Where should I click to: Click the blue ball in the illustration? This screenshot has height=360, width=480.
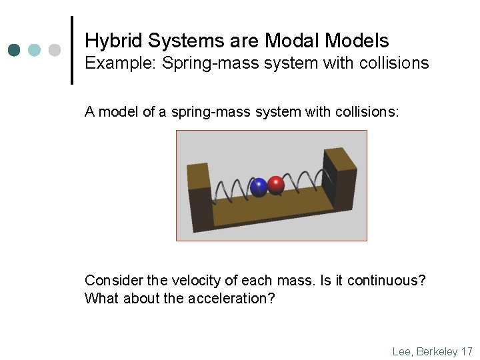coord(258,187)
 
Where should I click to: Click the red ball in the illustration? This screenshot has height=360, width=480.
coord(275,185)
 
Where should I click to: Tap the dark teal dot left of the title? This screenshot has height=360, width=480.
coord(15,50)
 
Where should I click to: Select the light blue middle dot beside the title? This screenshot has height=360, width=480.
coord(35,50)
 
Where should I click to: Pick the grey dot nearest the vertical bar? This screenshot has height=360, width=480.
coord(55,50)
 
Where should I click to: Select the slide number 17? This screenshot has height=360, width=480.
coord(467,351)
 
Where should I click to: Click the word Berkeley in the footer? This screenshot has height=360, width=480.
coord(436,351)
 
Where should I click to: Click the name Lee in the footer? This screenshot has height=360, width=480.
coord(402,351)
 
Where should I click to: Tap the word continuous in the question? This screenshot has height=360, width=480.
coord(386,281)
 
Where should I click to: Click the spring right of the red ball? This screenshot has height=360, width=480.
coord(306,180)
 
